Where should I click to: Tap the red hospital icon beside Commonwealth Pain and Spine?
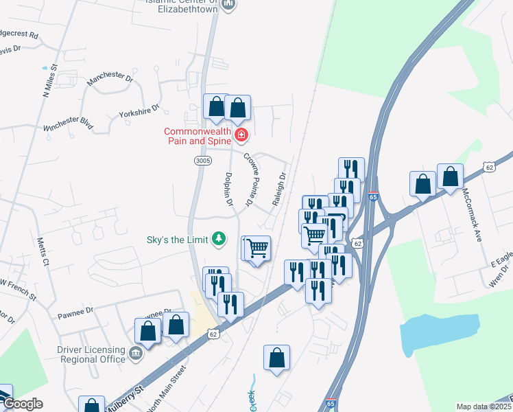[x=241, y=135]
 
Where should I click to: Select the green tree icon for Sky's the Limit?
[x=219, y=239]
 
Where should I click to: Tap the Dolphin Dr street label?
[x=228, y=190]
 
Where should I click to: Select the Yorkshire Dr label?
[x=139, y=111]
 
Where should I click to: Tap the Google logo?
[x=22, y=404]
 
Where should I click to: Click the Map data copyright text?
[x=484, y=407]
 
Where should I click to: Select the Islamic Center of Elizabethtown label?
[x=180, y=5]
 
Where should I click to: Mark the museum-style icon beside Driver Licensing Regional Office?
[x=136, y=354]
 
